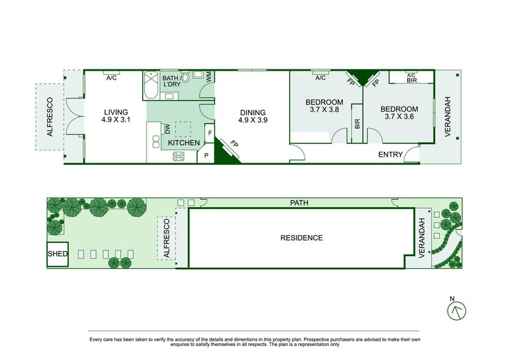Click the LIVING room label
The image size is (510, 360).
click(116, 113)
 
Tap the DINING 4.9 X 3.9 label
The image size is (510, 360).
click(252, 117)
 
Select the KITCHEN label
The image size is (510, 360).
click(184, 143)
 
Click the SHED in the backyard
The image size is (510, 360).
click(57, 254)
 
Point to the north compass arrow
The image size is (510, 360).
click(456, 311)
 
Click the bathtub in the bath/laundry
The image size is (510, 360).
click(151, 85)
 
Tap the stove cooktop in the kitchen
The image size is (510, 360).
click(178, 156)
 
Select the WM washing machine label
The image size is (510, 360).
click(209, 76)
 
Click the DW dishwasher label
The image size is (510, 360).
click(168, 129)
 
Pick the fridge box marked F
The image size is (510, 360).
click(210, 133)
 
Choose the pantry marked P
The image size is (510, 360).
click(206, 155)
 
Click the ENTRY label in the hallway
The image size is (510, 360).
click(390, 154)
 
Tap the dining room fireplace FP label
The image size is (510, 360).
click(234, 143)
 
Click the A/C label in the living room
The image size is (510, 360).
click(112, 78)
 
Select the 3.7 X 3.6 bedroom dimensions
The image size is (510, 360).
click(399, 117)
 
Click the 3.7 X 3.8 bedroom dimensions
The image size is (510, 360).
click(324, 110)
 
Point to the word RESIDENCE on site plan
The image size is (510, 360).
click(302, 238)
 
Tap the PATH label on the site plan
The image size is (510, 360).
click(299, 203)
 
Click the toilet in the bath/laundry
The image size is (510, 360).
click(185, 77)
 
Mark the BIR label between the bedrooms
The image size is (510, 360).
click(357, 124)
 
